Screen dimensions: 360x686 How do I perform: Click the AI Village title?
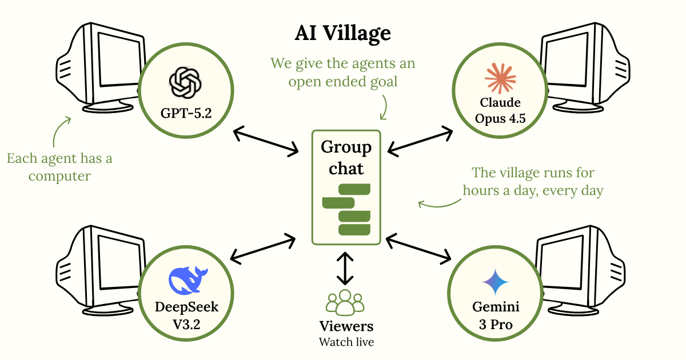343,33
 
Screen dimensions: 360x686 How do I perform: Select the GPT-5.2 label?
186,113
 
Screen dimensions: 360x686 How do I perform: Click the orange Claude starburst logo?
500,78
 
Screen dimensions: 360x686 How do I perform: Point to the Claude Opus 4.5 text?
500,111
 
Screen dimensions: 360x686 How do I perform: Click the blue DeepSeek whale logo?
186,280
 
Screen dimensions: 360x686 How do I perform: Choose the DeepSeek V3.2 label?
186,315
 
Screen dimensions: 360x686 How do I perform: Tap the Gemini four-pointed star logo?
495,282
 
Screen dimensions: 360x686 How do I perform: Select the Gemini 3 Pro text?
495,315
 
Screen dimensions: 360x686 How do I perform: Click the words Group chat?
346,158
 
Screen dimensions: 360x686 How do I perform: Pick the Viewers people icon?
345,303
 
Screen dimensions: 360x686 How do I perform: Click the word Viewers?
346,326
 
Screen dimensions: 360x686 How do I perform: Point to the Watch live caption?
346,342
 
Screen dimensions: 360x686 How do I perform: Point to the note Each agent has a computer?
59,167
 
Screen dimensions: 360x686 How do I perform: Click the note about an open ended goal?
343,72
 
